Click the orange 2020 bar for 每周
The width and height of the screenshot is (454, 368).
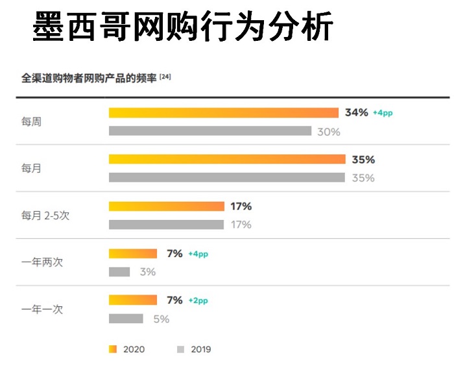coord(224,113)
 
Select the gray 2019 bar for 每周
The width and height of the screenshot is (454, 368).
coord(210,131)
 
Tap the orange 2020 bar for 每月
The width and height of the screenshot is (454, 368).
coord(227,160)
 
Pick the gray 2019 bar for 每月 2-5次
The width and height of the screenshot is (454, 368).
coord(166,225)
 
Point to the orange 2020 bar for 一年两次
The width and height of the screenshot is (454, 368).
coord(133,254)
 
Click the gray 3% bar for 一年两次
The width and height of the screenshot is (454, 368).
coord(119,272)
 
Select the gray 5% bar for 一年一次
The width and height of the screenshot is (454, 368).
coord(126,319)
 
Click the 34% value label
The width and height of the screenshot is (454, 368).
coord(356,113)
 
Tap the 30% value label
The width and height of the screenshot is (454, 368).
coord(328,132)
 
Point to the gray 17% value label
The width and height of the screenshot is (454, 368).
coord(241,225)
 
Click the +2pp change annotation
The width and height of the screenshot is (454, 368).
coord(198,301)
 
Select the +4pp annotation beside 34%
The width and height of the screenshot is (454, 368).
coord(383,114)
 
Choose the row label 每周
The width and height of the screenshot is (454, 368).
coord(31,122)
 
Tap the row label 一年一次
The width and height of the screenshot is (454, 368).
coord(42,310)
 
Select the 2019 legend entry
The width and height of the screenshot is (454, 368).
coord(194,349)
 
